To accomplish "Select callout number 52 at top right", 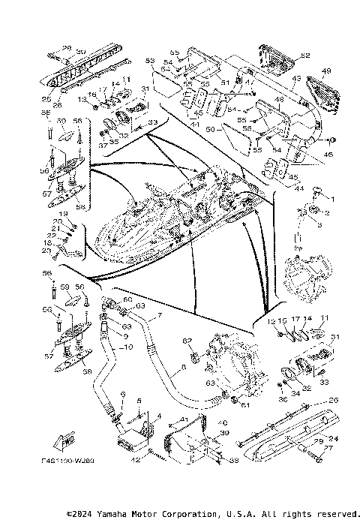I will (305, 56).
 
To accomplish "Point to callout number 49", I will (326, 71).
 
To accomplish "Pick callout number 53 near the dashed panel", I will (149, 60).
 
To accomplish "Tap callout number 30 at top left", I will (81, 51).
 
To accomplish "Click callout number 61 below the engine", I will (244, 405).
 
